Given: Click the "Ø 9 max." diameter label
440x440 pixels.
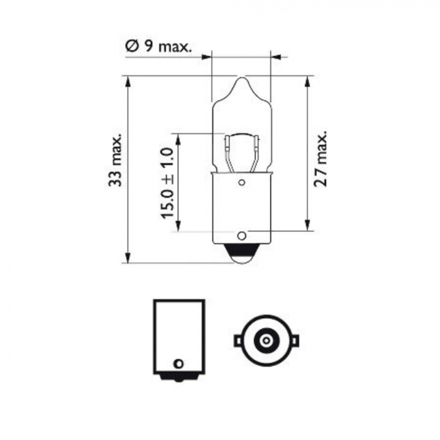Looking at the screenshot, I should coord(158,46).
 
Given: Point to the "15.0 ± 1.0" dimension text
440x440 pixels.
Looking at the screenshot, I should coord(167,183).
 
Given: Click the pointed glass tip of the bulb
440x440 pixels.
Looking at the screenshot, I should coord(241,80).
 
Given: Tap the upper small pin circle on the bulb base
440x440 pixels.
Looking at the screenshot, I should coord(241,183).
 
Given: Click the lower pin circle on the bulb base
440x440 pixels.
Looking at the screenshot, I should coord(241,236).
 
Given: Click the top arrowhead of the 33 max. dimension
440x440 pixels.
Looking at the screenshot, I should coord(128,81).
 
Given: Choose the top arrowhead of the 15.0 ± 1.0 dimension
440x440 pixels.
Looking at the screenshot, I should coord(179,138).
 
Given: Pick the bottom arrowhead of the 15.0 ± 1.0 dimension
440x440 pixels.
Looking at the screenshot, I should coord(179,227).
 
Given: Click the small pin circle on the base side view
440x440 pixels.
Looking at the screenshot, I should coord(178,363).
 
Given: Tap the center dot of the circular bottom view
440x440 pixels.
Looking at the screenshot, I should coord(267,341).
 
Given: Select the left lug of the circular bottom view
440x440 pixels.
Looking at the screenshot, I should coord(238,341).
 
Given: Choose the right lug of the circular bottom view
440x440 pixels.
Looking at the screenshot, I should coord(295,341).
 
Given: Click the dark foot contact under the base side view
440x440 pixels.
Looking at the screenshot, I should coord(179,377).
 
